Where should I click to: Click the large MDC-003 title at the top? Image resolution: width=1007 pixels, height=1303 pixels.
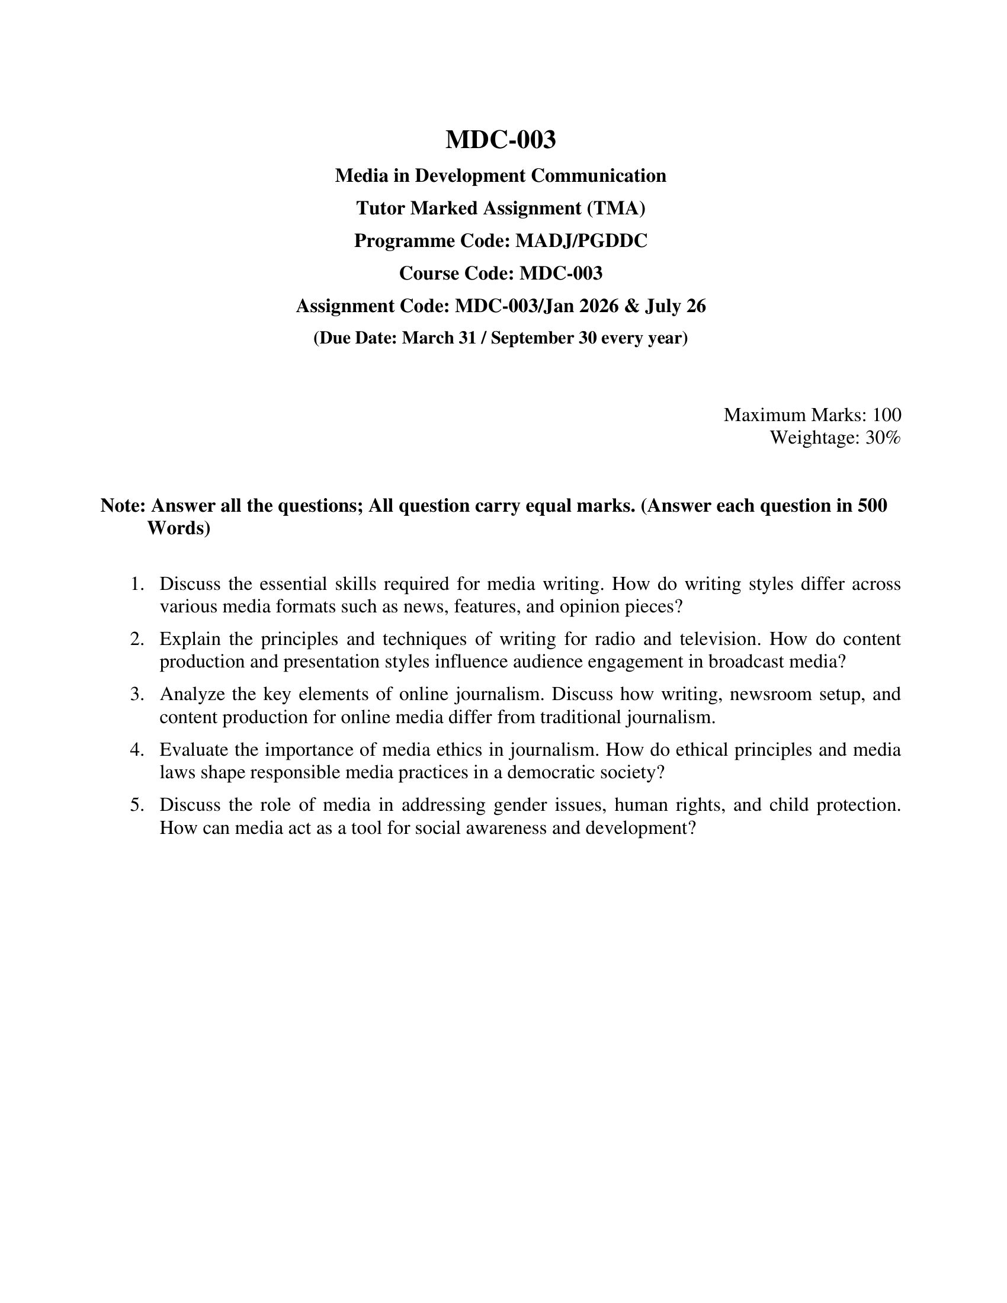501,140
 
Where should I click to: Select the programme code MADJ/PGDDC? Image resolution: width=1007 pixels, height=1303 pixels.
581,241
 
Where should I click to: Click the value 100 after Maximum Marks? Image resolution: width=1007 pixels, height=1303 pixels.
887,415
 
